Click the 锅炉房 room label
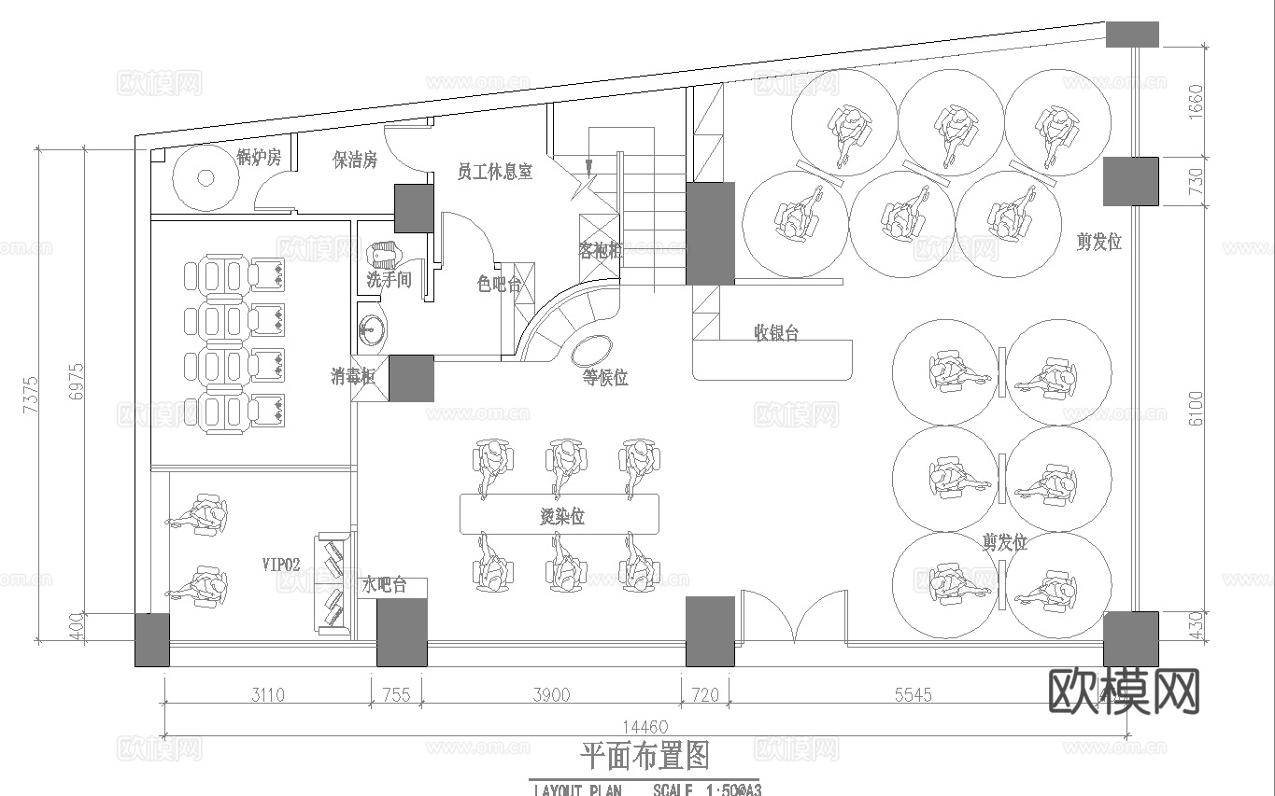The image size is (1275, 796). click(259, 157)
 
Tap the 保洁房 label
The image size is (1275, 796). click(355, 161)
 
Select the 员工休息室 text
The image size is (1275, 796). click(494, 172)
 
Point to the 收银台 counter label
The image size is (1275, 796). click(776, 333)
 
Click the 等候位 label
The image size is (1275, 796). click(605, 378)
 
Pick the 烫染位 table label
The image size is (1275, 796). click(562, 516)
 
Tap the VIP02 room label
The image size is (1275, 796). click(280, 565)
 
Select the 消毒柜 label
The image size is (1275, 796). click(353, 376)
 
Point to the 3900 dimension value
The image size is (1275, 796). click(551, 695)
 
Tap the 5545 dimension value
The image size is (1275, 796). click(914, 695)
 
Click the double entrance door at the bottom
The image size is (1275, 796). click(793, 618)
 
